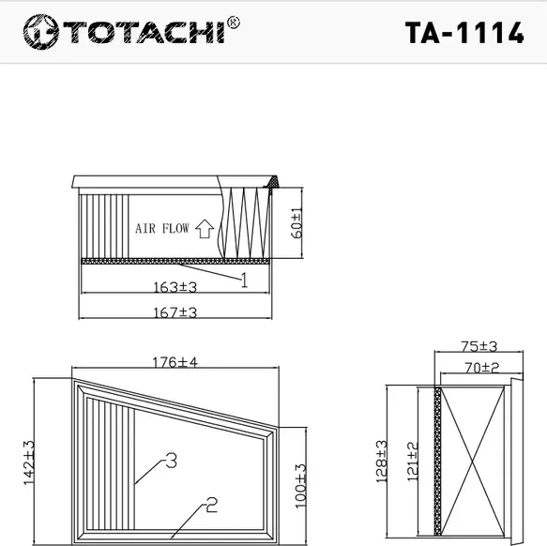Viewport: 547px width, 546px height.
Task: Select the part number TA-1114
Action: [x=463, y=33]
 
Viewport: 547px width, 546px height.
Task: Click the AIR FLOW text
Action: [x=161, y=228]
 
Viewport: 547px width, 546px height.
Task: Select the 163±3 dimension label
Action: [x=175, y=287]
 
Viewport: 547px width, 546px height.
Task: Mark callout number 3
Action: [x=170, y=460]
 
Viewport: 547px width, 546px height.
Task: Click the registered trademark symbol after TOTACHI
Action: [x=233, y=22]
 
